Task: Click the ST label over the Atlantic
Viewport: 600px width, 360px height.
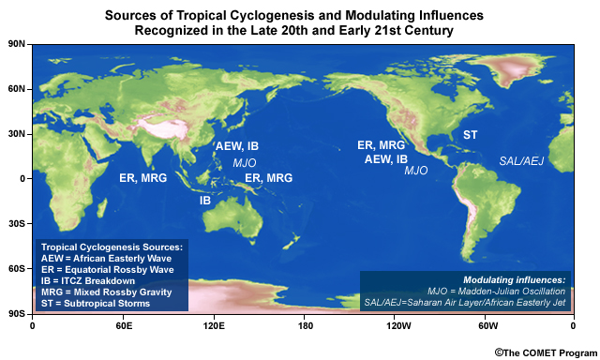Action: pyautogui.click(x=470, y=136)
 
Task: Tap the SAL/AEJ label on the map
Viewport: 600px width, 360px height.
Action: pyautogui.click(x=521, y=161)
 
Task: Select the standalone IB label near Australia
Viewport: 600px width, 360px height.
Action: pyautogui.click(x=205, y=201)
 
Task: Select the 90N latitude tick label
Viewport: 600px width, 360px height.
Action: pyautogui.click(x=16, y=44)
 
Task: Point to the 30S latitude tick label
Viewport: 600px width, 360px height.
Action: pyautogui.click(x=16, y=224)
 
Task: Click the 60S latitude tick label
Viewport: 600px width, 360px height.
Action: pyautogui.click(x=16, y=269)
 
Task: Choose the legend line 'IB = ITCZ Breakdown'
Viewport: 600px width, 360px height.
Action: pyautogui.click(x=87, y=279)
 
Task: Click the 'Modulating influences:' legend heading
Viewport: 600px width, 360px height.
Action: pyautogui.click(x=515, y=279)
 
